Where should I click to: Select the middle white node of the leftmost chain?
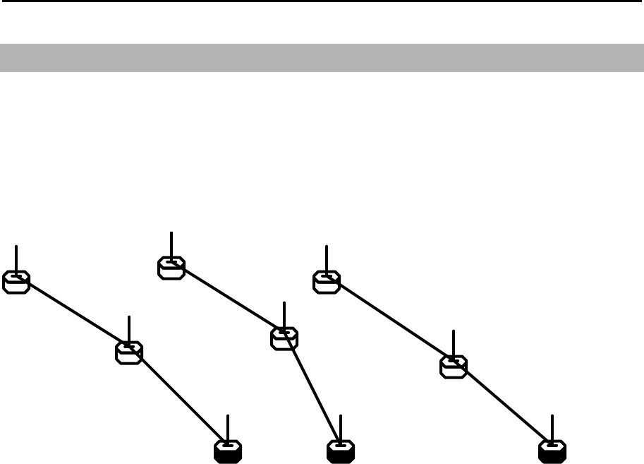coord(129,352)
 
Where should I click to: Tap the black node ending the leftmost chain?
coord(228,451)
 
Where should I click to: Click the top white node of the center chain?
coord(171,268)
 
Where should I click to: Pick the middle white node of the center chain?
coord(284,338)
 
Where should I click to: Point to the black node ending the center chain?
coord(340,451)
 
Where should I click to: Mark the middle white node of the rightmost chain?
coord(454,367)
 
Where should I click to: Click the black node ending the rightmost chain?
coord(552,451)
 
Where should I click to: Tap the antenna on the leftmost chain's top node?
coord(16,258)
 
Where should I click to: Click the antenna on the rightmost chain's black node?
coord(552,427)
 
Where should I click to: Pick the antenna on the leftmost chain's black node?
coord(228,427)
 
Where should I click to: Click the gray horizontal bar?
coord(322,58)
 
